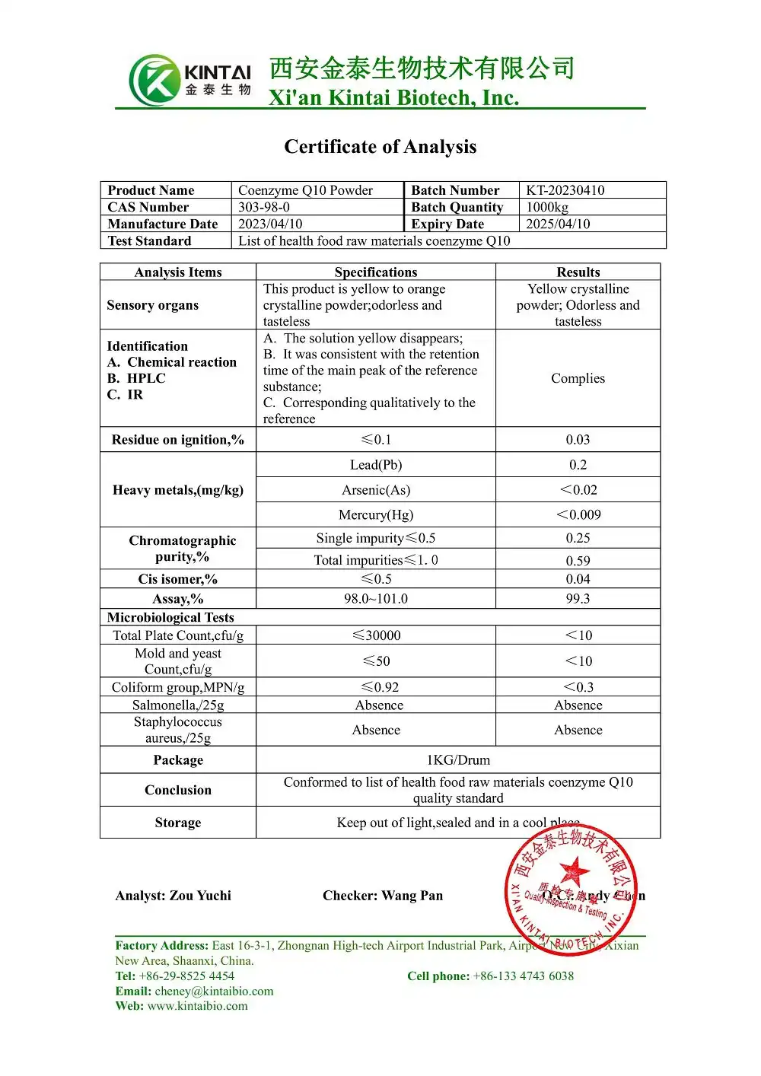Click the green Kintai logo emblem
[x=154, y=80]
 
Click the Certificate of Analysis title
[x=380, y=146]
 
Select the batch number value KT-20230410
[x=565, y=190]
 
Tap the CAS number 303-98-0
[x=264, y=207]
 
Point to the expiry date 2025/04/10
[x=558, y=224]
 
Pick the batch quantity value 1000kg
[x=547, y=207]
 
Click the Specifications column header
[x=376, y=272]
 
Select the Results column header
[x=578, y=272]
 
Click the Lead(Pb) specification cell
[x=376, y=464]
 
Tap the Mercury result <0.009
[x=578, y=514]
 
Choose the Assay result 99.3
[x=578, y=598]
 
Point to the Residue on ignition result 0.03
[x=578, y=439]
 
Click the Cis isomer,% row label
[x=178, y=579]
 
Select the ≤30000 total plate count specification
[x=376, y=635]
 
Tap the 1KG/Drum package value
[x=458, y=759]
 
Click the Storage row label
[x=178, y=823]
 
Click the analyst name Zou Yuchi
[x=201, y=896]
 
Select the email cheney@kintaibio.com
[x=214, y=991]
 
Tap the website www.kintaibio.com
[x=197, y=1006]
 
